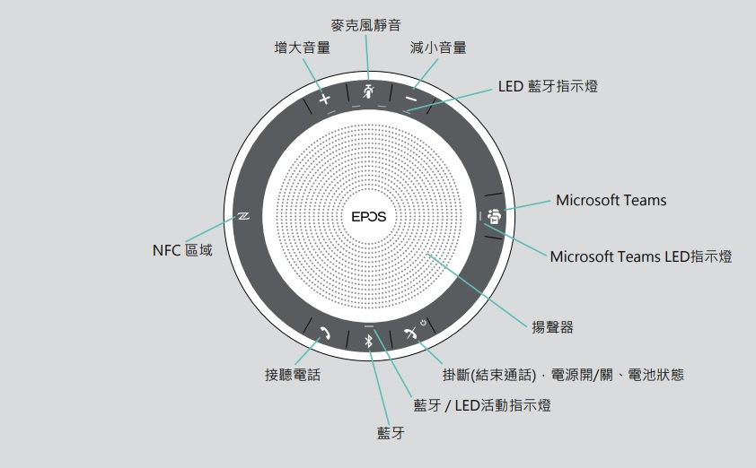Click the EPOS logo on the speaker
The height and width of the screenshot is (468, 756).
(x=368, y=215)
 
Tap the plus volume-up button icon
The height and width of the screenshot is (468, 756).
(x=325, y=98)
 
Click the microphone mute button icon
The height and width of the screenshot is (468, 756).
(x=367, y=91)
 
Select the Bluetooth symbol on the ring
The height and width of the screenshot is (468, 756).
(x=367, y=340)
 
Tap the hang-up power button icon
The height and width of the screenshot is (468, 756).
(x=412, y=333)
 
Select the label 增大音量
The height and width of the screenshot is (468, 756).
(x=302, y=48)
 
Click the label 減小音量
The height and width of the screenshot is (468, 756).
(x=438, y=48)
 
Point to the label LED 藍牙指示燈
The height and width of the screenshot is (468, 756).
(x=548, y=86)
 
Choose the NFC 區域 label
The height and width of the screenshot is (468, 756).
(x=182, y=250)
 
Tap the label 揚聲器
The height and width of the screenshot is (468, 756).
(x=553, y=327)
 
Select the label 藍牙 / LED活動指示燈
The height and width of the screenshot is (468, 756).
(x=481, y=405)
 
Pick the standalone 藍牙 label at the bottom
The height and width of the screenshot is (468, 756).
(x=391, y=434)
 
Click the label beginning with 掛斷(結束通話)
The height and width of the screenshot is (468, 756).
(x=563, y=375)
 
